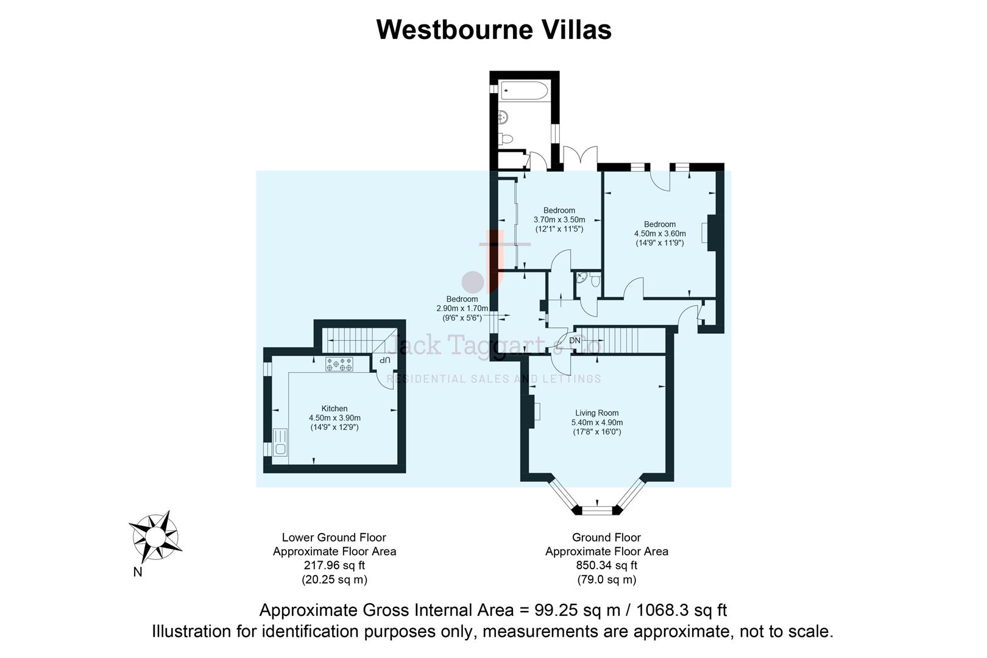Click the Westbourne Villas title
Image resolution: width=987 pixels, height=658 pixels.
point(493,29)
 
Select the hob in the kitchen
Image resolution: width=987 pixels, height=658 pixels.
point(339,364)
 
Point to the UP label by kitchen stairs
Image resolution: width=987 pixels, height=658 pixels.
point(384,361)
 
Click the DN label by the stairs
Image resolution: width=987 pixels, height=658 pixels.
point(575,341)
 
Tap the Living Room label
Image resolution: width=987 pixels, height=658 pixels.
point(596,412)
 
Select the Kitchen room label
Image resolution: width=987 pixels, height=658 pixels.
point(334,408)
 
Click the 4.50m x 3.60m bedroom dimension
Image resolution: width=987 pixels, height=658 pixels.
point(660,233)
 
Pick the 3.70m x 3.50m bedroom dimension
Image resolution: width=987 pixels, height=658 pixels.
point(559,220)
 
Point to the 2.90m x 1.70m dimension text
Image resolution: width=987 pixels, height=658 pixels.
point(462,308)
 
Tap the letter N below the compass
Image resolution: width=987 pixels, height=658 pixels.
point(138,572)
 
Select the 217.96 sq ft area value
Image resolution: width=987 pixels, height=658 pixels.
point(334,565)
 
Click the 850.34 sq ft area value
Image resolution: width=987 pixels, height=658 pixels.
point(607,565)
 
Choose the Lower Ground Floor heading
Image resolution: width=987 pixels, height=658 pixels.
point(334,537)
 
